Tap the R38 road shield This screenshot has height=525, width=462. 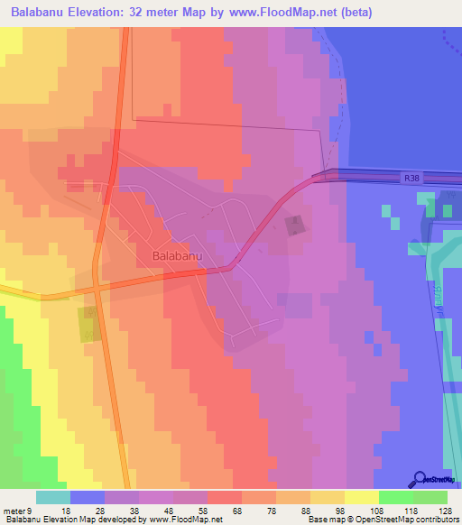point(411,179)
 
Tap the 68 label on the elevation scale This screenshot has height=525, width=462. point(237,510)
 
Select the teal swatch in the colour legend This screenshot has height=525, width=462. point(52,497)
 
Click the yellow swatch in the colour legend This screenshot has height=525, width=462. point(361,497)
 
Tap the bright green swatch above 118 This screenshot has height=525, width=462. point(395,497)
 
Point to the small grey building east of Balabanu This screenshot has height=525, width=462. point(294,225)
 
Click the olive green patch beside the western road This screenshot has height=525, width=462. point(88,324)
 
